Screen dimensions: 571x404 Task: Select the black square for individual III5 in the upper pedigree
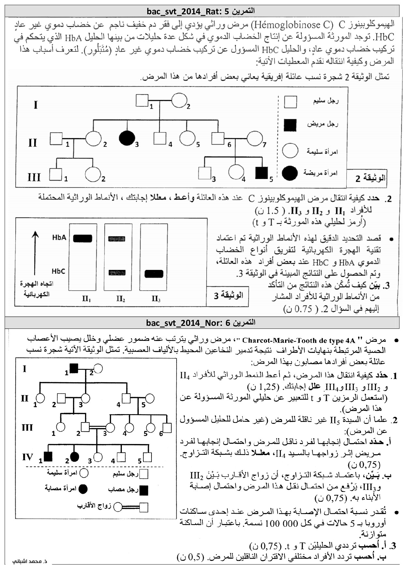[261, 173]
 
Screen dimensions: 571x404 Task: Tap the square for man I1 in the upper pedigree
[142, 100]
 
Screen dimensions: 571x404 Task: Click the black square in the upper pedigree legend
[290, 125]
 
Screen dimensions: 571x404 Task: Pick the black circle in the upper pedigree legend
[290, 173]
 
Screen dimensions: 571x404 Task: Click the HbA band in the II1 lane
[82, 238]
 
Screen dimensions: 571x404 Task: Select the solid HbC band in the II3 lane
[154, 274]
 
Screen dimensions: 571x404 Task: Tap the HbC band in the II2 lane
[117, 273]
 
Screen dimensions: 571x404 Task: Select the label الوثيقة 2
[370, 178]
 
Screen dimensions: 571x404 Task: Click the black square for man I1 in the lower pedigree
[74, 368]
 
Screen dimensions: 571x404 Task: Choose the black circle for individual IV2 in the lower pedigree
[75, 457]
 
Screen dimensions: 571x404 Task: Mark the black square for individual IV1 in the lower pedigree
[48, 457]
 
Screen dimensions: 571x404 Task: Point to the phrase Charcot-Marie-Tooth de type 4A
[298, 341]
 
